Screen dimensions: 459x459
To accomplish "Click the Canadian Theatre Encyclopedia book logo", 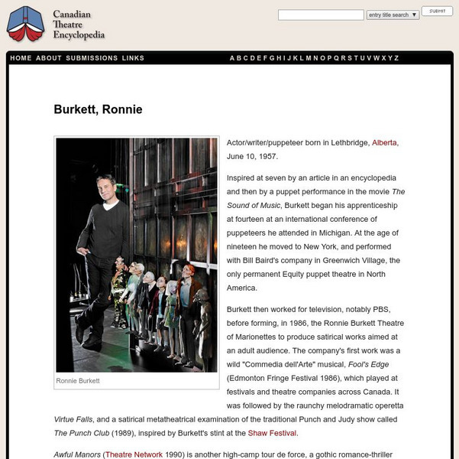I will pyautogui.click(x=25, y=24).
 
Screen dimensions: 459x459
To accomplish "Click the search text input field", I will pyautogui.click(x=320, y=15).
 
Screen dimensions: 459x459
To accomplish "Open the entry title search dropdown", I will pyautogui.click(x=393, y=15).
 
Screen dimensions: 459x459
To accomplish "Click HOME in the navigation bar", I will pyautogui.click(x=21, y=58).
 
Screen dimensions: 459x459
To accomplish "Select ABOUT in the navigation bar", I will pyautogui.click(x=49, y=58).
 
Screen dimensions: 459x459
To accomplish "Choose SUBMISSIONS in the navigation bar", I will pyautogui.click(x=92, y=58).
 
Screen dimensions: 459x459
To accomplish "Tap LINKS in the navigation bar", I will pyautogui.click(x=133, y=58).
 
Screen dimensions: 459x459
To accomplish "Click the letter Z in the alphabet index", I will pyautogui.click(x=396, y=58).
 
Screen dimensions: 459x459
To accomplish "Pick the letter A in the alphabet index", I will pyautogui.click(x=232, y=58).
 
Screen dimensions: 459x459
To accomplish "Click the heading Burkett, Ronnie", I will pyautogui.click(x=98, y=109).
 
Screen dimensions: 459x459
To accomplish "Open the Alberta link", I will pyautogui.click(x=384, y=142).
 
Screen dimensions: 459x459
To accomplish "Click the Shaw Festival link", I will pyautogui.click(x=270, y=433).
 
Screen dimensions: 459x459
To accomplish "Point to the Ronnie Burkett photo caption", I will pyautogui.click(x=79, y=380).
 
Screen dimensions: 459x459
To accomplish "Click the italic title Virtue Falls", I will pyautogui.click(x=75, y=419).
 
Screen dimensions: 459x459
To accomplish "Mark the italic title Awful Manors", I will pyautogui.click(x=77, y=454).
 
